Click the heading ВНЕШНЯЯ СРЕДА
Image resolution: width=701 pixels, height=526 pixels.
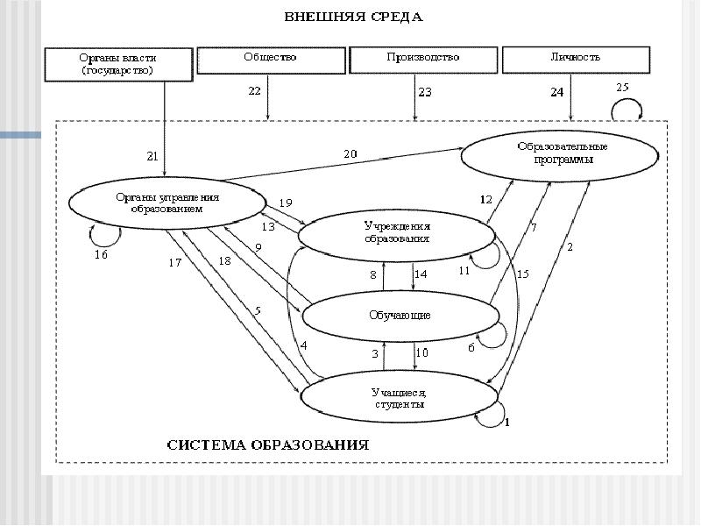click(x=354, y=16)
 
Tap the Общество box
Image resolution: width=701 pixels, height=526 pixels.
click(x=270, y=59)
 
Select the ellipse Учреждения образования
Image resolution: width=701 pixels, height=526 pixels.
click(x=397, y=233)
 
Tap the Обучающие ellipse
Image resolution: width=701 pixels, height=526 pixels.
click(x=397, y=315)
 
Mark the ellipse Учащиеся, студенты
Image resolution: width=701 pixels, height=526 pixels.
click(x=397, y=399)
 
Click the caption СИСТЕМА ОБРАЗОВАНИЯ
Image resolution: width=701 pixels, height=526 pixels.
click(x=268, y=444)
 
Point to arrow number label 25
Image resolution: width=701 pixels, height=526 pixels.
click(x=622, y=88)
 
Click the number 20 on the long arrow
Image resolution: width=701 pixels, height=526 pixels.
click(x=350, y=153)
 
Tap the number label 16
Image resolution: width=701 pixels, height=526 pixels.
click(x=102, y=255)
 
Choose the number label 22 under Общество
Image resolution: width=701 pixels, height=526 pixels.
click(x=255, y=91)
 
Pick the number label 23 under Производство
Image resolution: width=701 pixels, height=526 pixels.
click(x=425, y=91)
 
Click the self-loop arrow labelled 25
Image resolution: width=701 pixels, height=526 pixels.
click(x=627, y=109)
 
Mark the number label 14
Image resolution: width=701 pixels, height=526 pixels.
click(x=421, y=274)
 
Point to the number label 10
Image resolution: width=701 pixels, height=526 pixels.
click(x=421, y=353)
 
